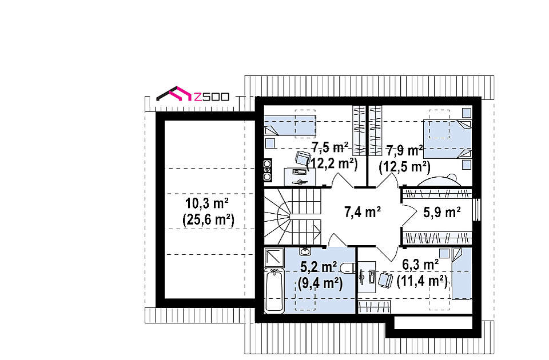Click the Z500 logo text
coord(211,97)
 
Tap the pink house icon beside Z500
coord(174,93)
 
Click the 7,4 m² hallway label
coord(363,212)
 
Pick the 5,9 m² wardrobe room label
coord(441,212)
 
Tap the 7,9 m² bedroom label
coord(405,150)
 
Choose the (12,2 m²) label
coord(332,163)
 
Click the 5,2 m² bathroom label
coord(319,267)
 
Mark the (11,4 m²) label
coord(422,281)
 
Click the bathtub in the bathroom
coord(274,290)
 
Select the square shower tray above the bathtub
coord(274,257)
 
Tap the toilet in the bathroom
coord(348,267)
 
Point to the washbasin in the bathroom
coord(305,251)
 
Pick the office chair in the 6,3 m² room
coord(385,279)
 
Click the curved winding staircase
coord(292,217)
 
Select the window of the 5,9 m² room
coord(476,210)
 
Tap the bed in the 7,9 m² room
coord(447,139)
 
